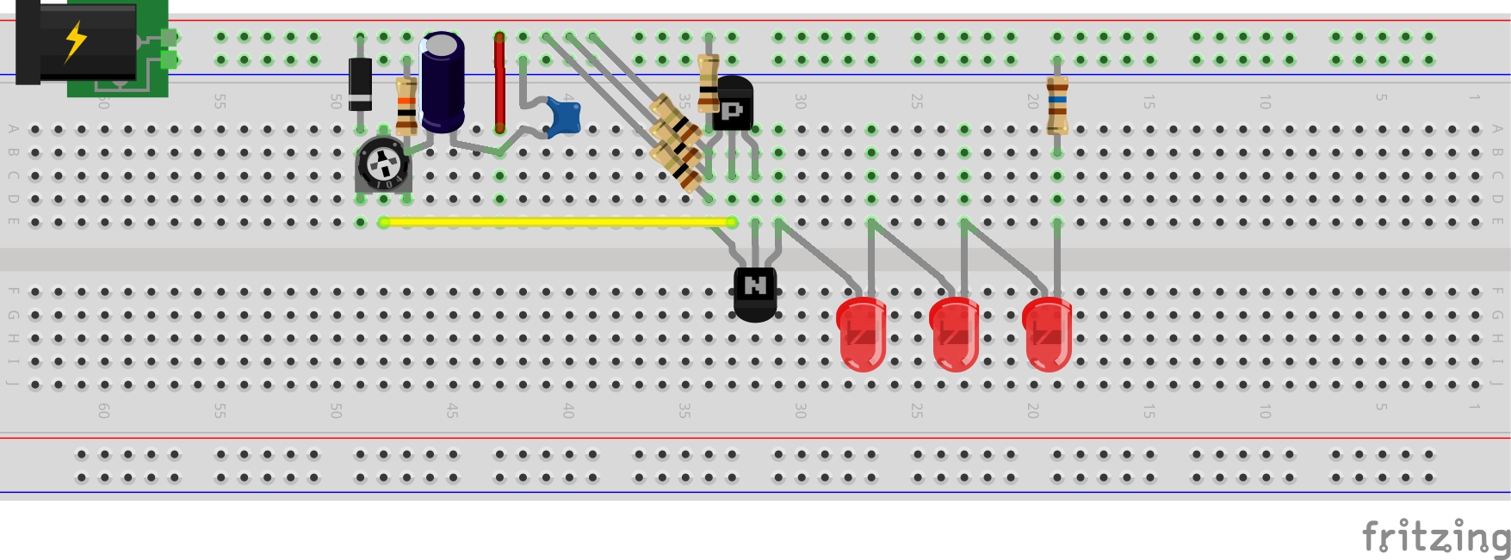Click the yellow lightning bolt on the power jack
(x=77, y=40)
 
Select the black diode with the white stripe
(x=360, y=83)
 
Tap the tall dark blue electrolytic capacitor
(x=443, y=83)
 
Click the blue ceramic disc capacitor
(x=563, y=117)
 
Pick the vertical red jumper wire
(x=499, y=82)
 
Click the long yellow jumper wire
(x=557, y=222)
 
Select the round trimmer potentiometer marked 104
(x=382, y=163)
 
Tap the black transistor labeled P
(x=733, y=104)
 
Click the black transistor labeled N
(x=755, y=292)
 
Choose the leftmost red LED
(x=862, y=334)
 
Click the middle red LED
(x=955, y=334)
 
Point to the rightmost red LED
(x=1048, y=334)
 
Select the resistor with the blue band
(x=1057, y=105)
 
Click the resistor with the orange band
(x=406, y=106)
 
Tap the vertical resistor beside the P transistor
(x=708, y=83)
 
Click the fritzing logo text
(x=1435, y=537)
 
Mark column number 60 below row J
(x=103, y=411)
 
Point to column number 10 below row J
(x=1265, y=411)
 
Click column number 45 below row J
(x=452, y=411)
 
